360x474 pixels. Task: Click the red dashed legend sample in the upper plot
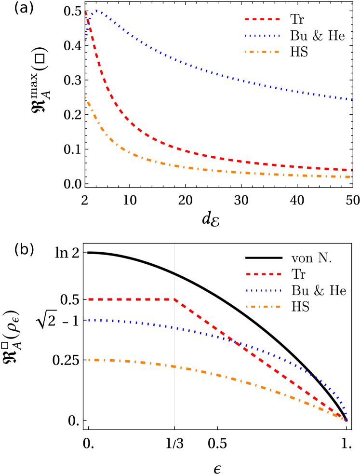coord(262,19)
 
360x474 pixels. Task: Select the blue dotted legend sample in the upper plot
coord(262,36)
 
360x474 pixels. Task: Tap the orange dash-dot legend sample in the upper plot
coord(262,52)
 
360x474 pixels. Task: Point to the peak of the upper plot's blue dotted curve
coord(96,10)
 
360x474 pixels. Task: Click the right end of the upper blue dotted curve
coord(352,99)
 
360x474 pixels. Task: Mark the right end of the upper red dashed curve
coord(352,170)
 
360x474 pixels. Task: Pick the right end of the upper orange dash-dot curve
coord(350,177)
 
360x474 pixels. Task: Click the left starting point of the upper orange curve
coord(86,97)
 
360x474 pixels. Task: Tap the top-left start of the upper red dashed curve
coord(86,12)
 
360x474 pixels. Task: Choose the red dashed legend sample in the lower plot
coord(264,274)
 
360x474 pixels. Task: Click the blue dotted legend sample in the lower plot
coord(264,290)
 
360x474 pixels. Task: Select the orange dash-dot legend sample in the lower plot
coord(264,307)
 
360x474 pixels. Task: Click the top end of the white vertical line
coord(174,244)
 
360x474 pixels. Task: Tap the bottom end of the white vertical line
coord(174,426)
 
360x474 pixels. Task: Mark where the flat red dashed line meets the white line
coord(174,299)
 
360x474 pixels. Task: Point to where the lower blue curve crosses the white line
coord(174,328)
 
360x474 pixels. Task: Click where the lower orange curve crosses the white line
coord(174,366)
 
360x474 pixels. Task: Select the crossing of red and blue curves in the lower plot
coord(235,341)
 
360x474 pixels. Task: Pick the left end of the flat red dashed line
coord(89,299)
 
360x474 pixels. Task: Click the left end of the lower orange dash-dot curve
coord(89,360)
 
